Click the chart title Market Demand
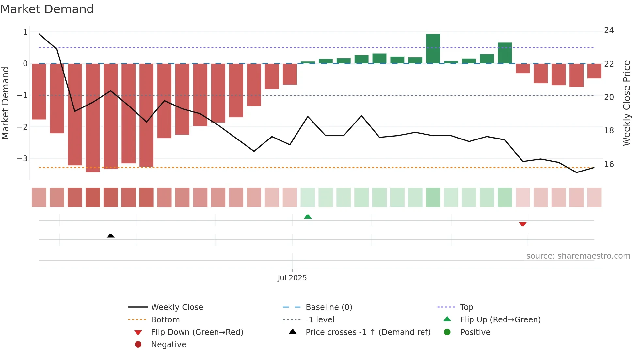point(47,9)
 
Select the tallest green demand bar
point(433,49)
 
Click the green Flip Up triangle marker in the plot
point(308,217)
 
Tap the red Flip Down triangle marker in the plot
point(522,224)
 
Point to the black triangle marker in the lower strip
point(111,236)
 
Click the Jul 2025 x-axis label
point(292,278)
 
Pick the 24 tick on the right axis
point(609,30)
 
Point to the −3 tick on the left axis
point(23,159)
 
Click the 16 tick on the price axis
point(609,164)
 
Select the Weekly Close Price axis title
point(626,103)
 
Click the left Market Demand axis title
point(5,103)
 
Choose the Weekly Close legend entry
point(177,307)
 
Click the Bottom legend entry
point(165,320)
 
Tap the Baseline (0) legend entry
point(328,307)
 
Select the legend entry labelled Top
point(466,307)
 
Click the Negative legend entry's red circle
point(138,345)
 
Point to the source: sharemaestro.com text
point(578,256)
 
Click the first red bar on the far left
point(39,91)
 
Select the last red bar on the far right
point(594,71)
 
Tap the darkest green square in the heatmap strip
point(433,197)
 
